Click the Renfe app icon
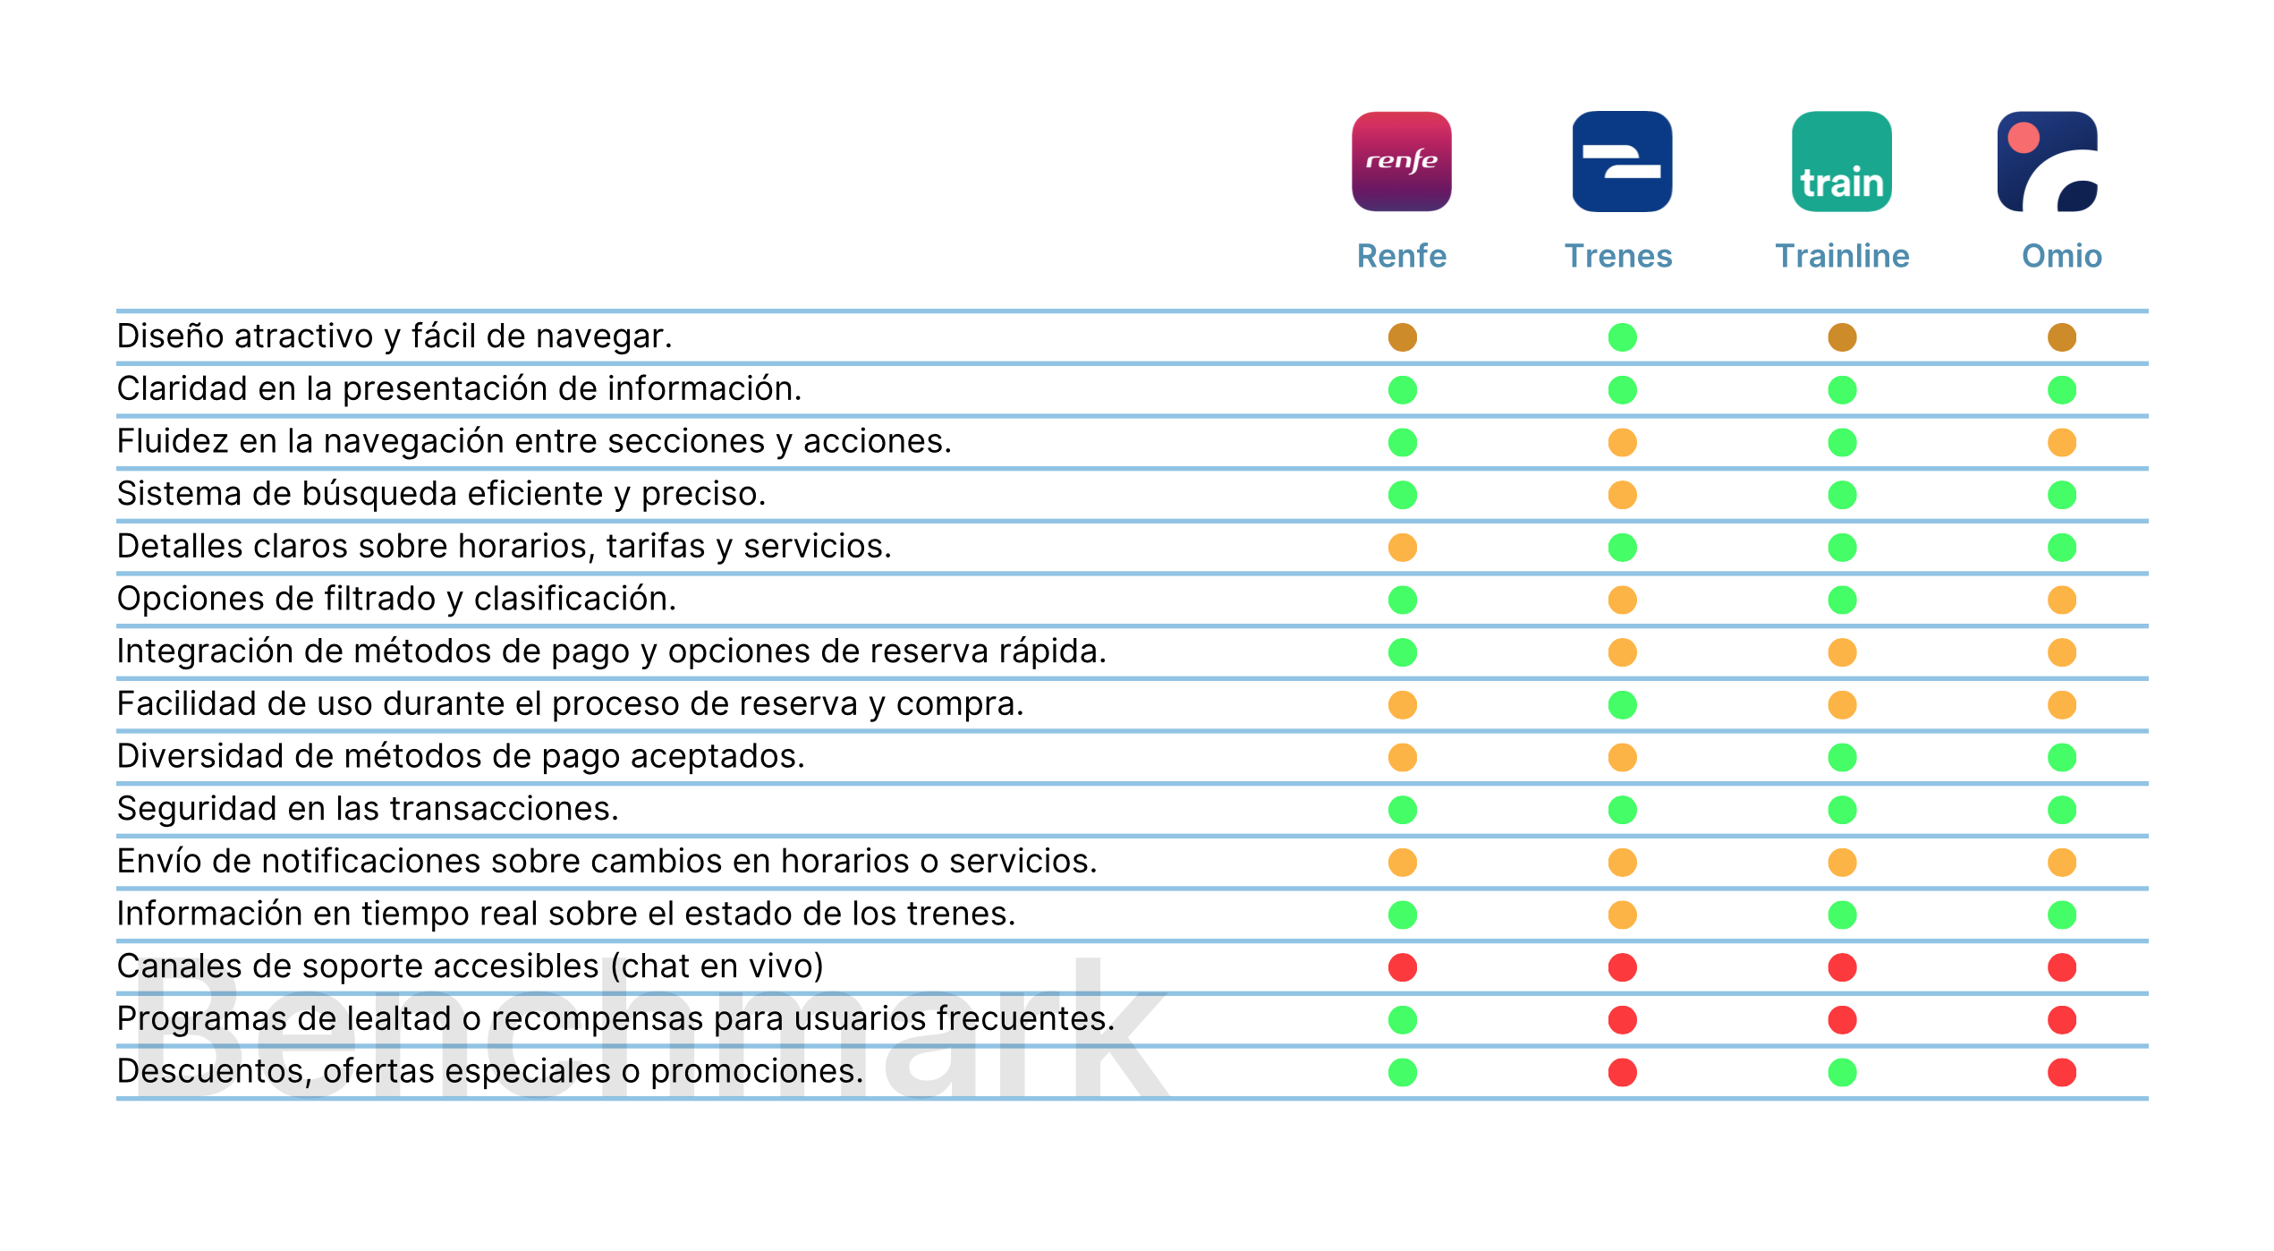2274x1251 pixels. coord(1402,161)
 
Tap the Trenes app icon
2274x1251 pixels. coord(1622,161)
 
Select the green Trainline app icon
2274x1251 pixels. coord(1842,161)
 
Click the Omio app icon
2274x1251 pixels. coord(2048,161)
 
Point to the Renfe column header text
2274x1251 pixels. coord(1402,256)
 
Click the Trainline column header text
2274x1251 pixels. coord(1842,256)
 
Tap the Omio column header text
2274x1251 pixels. coord(2062,256)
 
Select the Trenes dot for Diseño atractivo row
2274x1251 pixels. coord(1622,337)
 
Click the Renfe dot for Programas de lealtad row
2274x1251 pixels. coord(1402,1019)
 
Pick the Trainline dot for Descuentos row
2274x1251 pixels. coord(1842,1072)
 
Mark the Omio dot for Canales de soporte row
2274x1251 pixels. coord(2062,967)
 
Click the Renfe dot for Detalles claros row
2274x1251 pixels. coord(1402,547)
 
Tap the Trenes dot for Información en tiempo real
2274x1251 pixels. coord(1622,915)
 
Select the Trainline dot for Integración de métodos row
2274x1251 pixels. coord(1842,652)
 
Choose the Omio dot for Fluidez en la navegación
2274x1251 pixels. coord(2062,442)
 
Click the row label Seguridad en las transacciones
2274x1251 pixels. coord(368,809)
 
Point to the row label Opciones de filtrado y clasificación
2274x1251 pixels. coord(396,600)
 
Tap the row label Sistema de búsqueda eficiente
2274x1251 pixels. coord(441,494)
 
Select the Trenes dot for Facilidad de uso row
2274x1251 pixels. coord(1622,705)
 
